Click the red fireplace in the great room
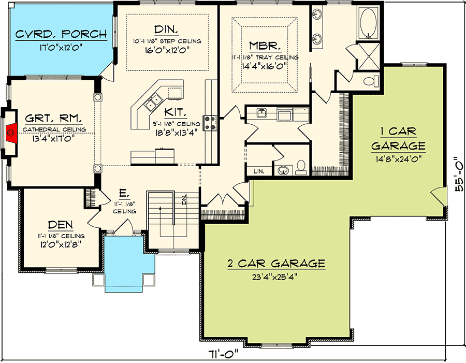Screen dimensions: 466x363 tap(11, 132)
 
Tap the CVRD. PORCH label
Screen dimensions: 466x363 tap(61, 34)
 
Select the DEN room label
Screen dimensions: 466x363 tap(61, 225)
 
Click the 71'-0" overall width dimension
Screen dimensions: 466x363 tap(224, 354)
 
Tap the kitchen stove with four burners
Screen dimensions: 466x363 tap(210, 123)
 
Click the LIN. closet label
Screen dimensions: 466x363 tap(259, 171)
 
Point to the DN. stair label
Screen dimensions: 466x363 tap(184, 199)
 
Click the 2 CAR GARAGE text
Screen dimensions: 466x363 tap(276, 264)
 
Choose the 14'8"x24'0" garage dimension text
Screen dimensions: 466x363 tap(398, 159)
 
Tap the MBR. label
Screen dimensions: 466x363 tap(265, 46)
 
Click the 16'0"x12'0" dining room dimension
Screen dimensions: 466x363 tap(167, 50)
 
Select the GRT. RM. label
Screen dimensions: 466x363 tap(53, 118)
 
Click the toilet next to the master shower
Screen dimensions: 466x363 tap(371, 81)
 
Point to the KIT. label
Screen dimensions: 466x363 tap(176, 112)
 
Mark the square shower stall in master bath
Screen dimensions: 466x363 tap(368, 56)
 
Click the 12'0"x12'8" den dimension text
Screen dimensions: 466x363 tap(61, 244)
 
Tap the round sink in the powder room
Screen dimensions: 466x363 tap(283, 170)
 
